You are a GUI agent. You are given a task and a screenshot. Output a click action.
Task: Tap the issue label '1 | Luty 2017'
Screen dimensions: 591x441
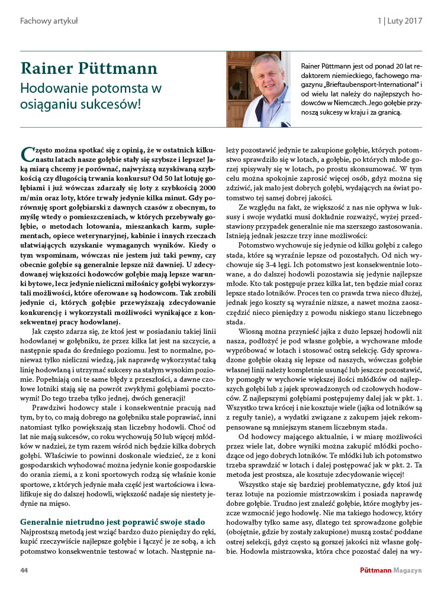coord(400,21)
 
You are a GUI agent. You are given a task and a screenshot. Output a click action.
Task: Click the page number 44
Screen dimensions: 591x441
coord(24,570)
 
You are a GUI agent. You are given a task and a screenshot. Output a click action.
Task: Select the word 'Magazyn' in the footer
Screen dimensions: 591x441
coord(405,570)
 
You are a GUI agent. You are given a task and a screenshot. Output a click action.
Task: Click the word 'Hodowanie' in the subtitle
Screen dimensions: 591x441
coord(49,89)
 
